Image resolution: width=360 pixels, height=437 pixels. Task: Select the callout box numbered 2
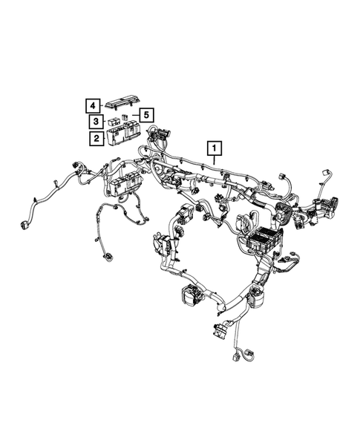click(96, 137)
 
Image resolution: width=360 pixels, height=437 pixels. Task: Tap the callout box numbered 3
click(96, 121)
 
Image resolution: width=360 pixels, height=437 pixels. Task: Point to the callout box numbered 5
click(147, 115)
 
